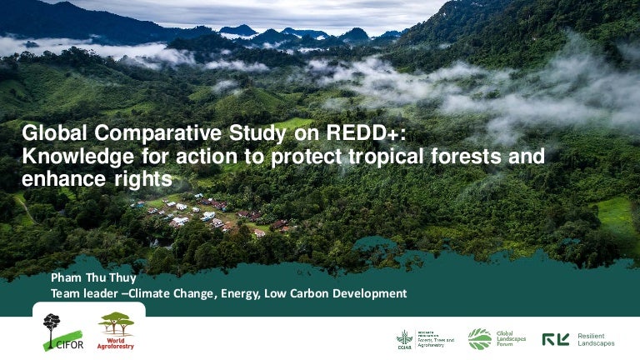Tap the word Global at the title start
tap(54, 134)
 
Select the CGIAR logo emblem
tap(405, 338)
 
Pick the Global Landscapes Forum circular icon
tap(479, 338)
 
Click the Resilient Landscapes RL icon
tap(556, 339)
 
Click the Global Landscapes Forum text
tap(510, 338)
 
